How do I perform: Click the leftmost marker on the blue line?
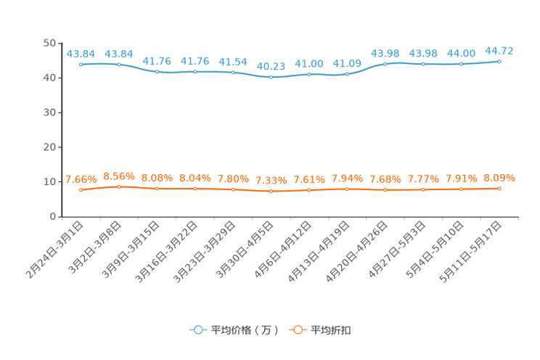[x=81, y=64]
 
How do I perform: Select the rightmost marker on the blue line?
[x=499, y=62]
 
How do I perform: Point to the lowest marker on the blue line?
[x=271, y=76]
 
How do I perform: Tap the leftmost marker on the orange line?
[x=81, y=190]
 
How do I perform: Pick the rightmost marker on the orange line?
[x=499, y=189]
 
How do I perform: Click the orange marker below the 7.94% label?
[x=348, y=189]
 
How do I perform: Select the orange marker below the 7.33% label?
[x=271, y=192]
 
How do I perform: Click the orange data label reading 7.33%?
[x=271, y=181]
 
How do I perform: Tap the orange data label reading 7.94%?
[x=348, y=178]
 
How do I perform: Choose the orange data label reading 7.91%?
[x=461, y=178]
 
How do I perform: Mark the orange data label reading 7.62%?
[x=309, y=179]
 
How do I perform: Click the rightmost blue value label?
[x=499, y=50]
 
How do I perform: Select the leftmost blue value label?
[x=81, y=53]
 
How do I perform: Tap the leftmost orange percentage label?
[x=81, y=179]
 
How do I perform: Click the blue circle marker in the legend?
[x=197, y=330]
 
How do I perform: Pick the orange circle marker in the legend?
[x=297, y=330]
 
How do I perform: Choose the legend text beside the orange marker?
[x=332, y=330]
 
